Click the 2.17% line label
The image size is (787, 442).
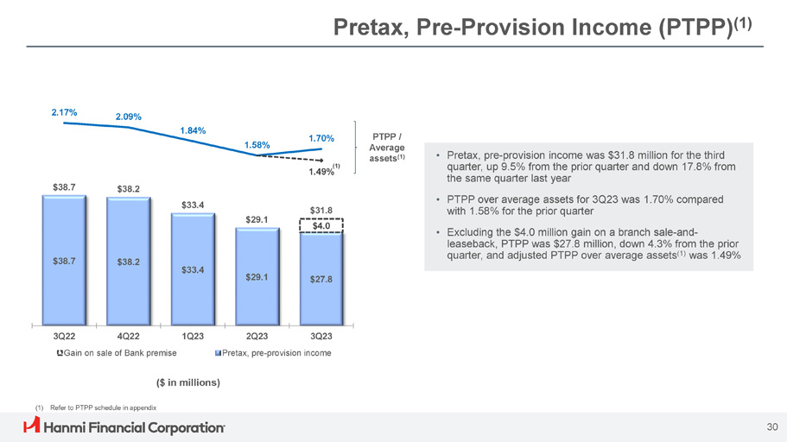tap(64, 112)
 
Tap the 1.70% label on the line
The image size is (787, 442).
tap(321, 137)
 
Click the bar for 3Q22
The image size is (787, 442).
tap(64, 259)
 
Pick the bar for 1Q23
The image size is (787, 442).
tap(193, 268)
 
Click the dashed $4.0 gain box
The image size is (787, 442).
tap(321, 226)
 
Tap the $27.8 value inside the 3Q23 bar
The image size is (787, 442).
tap(321, 279)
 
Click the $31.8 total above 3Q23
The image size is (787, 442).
tap(321, 209)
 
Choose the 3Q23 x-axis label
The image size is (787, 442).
tap(321, 336)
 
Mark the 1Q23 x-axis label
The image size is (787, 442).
tap(193, 336)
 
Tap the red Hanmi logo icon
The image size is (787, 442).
tap(32, 426)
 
